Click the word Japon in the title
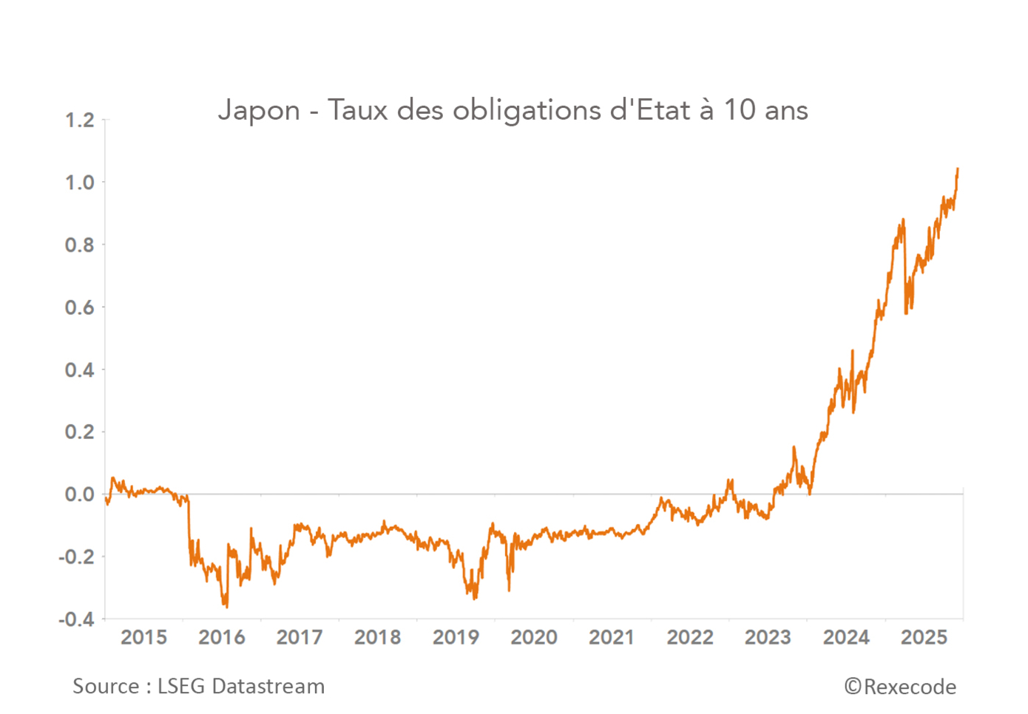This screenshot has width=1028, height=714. pyautogui.click(x=259, y=111)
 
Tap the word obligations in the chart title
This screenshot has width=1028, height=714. pyautogui.click(x=527, y=111)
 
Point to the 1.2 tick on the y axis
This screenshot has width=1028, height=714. pyautogui.click(x=80, y=120)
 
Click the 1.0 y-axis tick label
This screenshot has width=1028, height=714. pyautogui.click(x=80, y=183)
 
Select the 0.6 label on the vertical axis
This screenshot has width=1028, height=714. pyautogui.click(x=80, y=307)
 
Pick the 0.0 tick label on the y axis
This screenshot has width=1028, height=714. pyautogui.click(x=80, y=494)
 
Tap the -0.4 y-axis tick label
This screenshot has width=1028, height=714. pyautogui.click(x=77, y=619)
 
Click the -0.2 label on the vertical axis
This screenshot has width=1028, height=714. pyautogui.click(x=77, y=557)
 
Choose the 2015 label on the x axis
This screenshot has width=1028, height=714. pyautogui.click(x=143, y=637)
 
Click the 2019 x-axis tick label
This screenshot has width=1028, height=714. pyautogui.click(x=456, y=637)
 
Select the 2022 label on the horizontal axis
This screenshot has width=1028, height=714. pyautogui.click(x=690, y=637)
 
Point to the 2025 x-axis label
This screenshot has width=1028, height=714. pyautogui.click(x=924, y=637)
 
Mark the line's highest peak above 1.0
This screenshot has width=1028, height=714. pyautogui.click(x=958, y=169)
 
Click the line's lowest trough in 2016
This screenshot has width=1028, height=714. pyautogui.click(x=226, y=606)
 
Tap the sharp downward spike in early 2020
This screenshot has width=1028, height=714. pyautogui.click(x=509, y=589)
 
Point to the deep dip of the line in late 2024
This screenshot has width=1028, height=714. pyautogui.click(x=907, y=312)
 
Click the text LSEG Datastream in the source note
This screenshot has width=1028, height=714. pyautogui.click(x=241, y=687)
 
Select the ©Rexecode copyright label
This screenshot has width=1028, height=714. pyautogui.click(x=900, y=687)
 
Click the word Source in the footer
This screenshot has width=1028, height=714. pyautogui.click(x=106, y=687)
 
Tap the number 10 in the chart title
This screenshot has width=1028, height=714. pyautogui.click(x=740, y=111)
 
